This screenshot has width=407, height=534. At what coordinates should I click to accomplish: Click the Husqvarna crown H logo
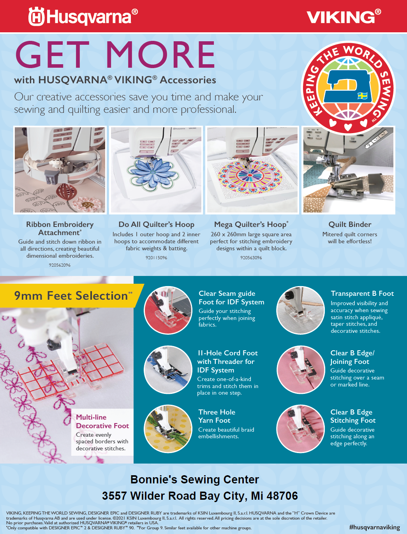pyautogui.click(x=36, y=16)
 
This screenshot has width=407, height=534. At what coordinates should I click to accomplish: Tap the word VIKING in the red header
pyautogui.click(x=340, y=17)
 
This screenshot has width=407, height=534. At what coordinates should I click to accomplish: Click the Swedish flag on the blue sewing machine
pyautogui.click(x=363, y=96)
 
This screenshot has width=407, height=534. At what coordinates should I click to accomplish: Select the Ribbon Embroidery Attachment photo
pyautogui.click(x=60, y=170)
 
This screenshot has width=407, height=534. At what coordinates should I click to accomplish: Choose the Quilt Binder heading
pyautogui.click(x=350, y=224)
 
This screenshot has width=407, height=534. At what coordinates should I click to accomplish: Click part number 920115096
pyautogui.click(x=156, y=258)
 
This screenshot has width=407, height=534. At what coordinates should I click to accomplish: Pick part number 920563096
pyautogui.click(x=251, y=258)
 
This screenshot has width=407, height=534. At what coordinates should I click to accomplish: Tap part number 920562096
pyautogui.click(x=60, y=265)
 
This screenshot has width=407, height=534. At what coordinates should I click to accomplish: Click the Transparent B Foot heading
pyautogui.click(x=362, y=293)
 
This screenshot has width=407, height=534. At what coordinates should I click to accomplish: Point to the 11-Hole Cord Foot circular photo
pyautogui.click(x=168, y=369)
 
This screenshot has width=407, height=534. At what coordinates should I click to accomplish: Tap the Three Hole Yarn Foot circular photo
pyautogui.click(x=168, y=429)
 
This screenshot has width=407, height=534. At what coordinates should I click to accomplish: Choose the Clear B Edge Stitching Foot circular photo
pyautogui.click(x=300, y=429)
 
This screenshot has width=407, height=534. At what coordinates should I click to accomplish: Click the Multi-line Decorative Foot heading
pyautogui.click(x=102, y=422)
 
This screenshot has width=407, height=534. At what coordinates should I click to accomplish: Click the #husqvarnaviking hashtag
pyautogui.click(x=374, y=527)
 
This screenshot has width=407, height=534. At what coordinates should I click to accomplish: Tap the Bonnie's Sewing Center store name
pyautogui.click(x=194, y=480)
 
